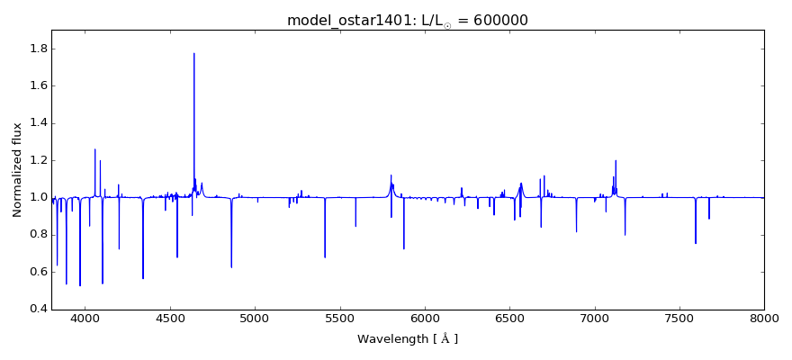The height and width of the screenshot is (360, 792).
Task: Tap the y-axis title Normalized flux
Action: click(x=18, y=169)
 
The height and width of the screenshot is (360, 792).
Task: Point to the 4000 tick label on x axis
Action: click(x=85, y=318)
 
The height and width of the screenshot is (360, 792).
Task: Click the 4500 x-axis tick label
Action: click(x=170, y=318)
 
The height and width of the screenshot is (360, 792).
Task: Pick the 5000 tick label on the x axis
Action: click(x=255, y=318)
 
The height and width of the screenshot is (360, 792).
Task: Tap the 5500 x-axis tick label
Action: click(x=340, y=318)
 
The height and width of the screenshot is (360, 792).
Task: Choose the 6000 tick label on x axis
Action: click(x=425, y=318)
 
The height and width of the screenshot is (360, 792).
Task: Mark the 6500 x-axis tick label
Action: click(x=509, y=318)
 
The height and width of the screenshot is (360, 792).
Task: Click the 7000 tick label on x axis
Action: click(x=594, y=318)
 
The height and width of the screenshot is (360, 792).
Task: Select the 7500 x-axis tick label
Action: click(x=679, y=318)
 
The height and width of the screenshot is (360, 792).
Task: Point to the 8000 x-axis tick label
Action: click(x=764, y=318)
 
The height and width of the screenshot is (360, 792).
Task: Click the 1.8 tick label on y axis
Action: click(x=36, y=49)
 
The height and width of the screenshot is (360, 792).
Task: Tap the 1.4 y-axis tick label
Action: click(x=36, y=123)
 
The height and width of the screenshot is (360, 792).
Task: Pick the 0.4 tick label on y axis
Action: click(x=36, y=309)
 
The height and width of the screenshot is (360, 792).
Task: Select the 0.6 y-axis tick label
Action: click(x=36, y=272)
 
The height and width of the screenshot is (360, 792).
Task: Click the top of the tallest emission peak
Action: click(x=194, y=53)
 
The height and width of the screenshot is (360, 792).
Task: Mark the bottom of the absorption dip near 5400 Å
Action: click(x=325, y=257)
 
